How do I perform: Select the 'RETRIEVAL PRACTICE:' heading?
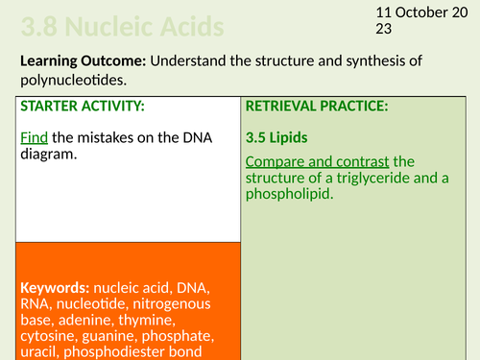(x=317, y=107)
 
